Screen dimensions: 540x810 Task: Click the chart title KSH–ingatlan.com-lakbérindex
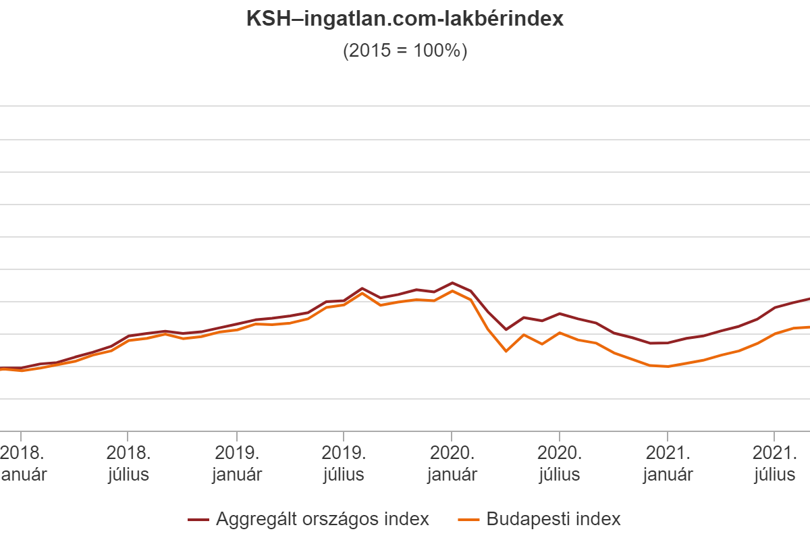[405, 20]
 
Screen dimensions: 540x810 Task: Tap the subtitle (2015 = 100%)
[405, 51]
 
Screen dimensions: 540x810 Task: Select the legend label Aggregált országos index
[323, 519]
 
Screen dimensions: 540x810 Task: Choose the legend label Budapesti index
[553, 519]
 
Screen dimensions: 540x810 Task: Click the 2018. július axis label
[128, 462]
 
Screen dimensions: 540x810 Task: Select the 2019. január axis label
[236, 462]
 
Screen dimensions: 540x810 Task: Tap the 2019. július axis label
[344, 462]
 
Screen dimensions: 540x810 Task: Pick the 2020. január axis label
[452, 462]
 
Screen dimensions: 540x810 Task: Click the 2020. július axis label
[559, 462]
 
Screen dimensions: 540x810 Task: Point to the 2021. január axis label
[668, 462]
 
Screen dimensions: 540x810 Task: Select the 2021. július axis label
[775, 462]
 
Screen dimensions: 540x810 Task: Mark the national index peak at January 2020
[452, 283]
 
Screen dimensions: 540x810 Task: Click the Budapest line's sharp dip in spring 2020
[506, 352]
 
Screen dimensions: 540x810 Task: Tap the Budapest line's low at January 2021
[667, 366]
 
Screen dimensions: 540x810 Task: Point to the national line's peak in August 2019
[362, 288]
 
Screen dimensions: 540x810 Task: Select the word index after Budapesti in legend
[599, 519]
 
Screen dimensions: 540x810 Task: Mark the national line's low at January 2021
[667, 343]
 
